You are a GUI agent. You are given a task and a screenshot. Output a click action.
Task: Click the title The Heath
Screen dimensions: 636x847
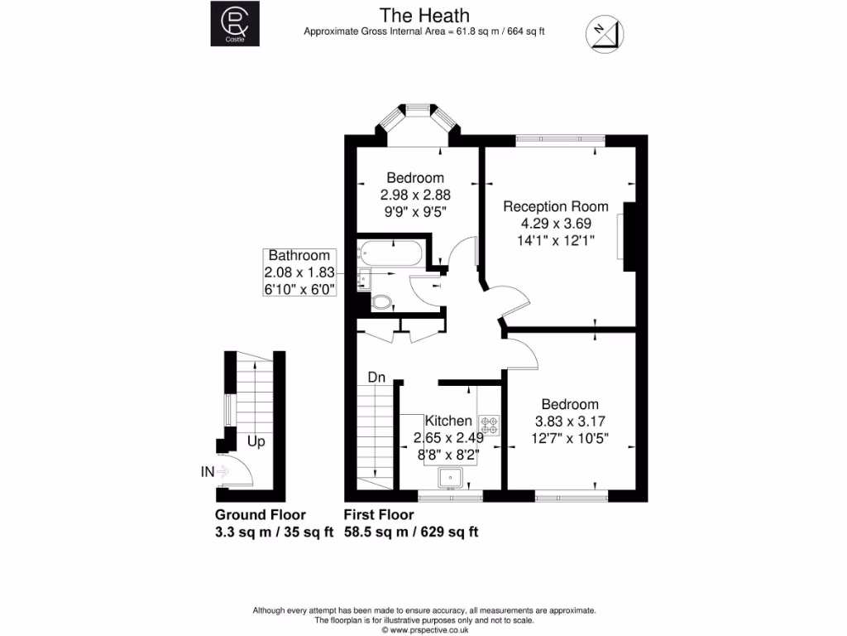(423, 15)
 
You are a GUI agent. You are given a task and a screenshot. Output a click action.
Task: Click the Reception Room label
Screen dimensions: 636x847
(556, 206)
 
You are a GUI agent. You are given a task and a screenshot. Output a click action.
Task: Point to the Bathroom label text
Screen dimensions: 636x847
(299, 256)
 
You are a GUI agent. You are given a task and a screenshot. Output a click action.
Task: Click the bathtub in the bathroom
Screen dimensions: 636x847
(391, 253)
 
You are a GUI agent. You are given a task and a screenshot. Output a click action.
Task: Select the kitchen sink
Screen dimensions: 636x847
(450, 477)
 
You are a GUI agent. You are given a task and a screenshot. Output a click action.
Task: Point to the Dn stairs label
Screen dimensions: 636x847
(377, 378)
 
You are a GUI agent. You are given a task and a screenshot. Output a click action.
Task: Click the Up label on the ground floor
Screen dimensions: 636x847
(256, 442)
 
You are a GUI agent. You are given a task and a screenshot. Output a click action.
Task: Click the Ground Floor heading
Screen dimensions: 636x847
(261, 515)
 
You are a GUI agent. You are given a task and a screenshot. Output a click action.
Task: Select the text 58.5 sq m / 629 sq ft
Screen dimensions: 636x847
(411, 532)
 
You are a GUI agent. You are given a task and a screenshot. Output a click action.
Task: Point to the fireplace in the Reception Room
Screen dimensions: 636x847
(630, 237)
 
